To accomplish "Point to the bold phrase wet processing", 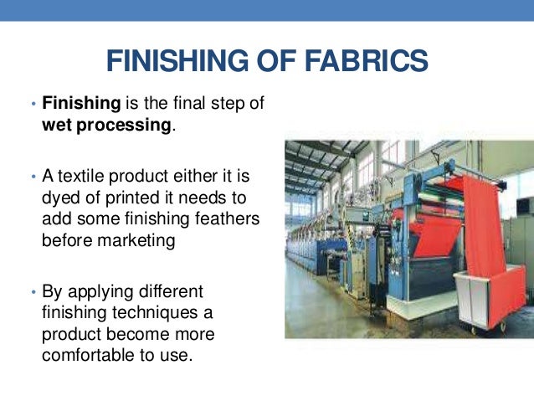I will point(107,126).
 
